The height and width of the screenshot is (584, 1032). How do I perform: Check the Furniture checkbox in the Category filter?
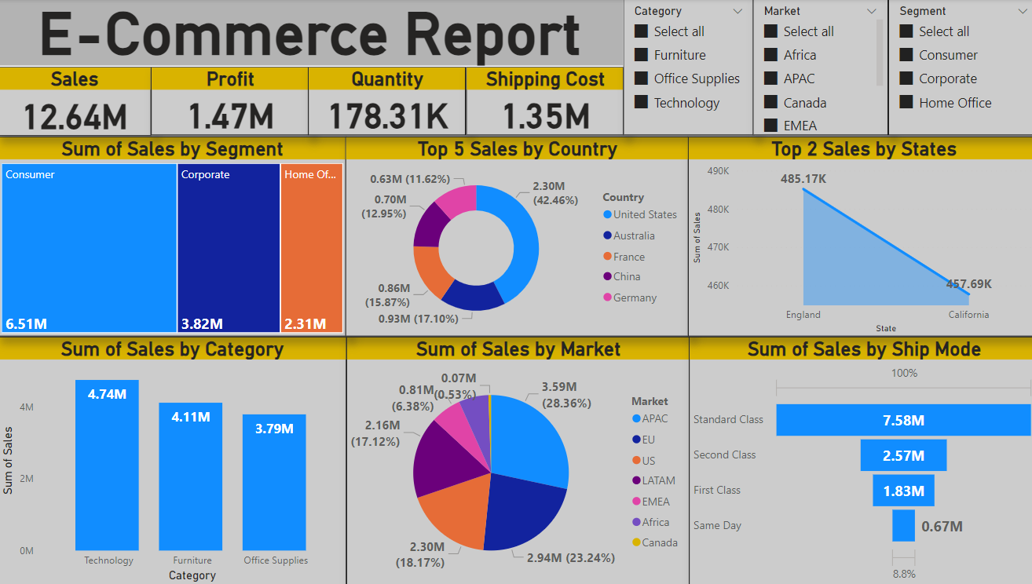tap(642, 55)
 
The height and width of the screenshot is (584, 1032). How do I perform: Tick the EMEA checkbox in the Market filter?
tap(770, 126)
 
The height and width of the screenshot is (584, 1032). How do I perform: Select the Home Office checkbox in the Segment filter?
tap(906, 103)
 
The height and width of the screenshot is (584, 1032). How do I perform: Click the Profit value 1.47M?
tap(230, 116)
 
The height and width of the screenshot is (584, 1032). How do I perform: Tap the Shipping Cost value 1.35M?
tap(545, 116)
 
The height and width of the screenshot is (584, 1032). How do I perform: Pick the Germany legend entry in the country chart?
tap(635, 297)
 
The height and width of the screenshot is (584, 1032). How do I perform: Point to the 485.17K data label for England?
tap(803, 179)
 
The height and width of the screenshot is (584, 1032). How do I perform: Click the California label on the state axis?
tap(968, 315)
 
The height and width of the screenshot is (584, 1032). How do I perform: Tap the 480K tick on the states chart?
tap(718, 210)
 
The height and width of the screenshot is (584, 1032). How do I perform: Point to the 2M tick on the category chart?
tap(26, 479)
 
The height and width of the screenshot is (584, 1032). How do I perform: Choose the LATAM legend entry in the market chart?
tap(658, 480)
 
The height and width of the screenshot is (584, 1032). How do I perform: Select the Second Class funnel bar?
tap(903, 455)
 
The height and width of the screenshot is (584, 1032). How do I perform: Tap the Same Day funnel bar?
tap(903, 526)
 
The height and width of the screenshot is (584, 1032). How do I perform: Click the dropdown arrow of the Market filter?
tap(872, 11)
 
